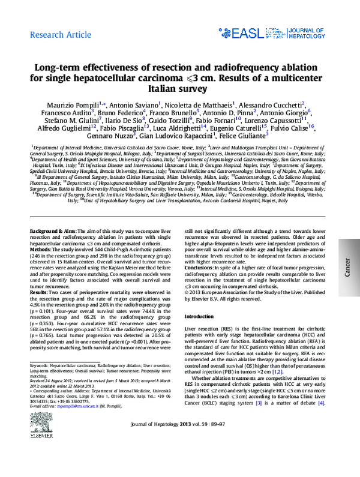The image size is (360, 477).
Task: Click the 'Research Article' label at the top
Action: pyautogui.click(x=59, y=35)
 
